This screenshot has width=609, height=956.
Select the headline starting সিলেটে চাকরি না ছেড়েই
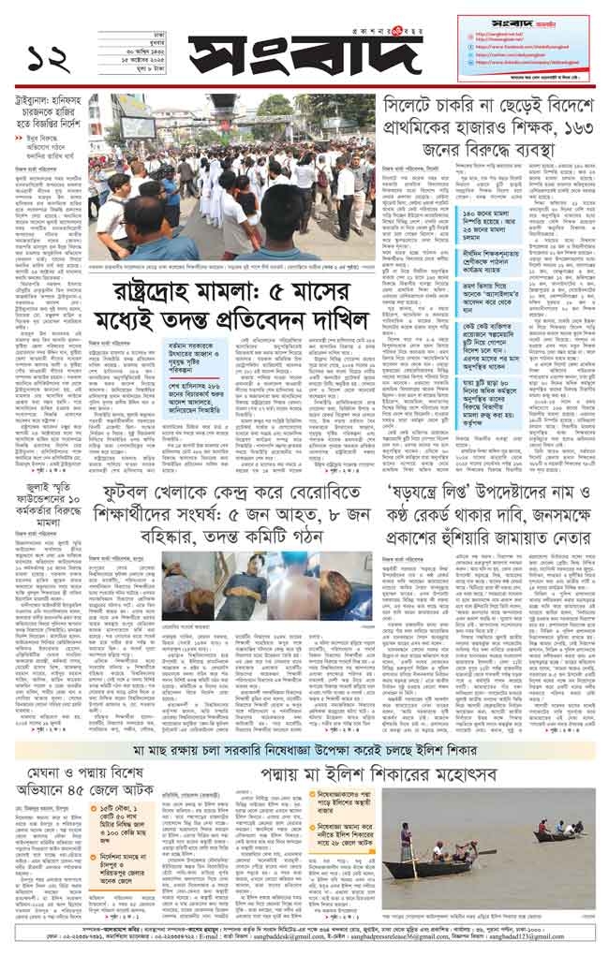click(487, 125)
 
